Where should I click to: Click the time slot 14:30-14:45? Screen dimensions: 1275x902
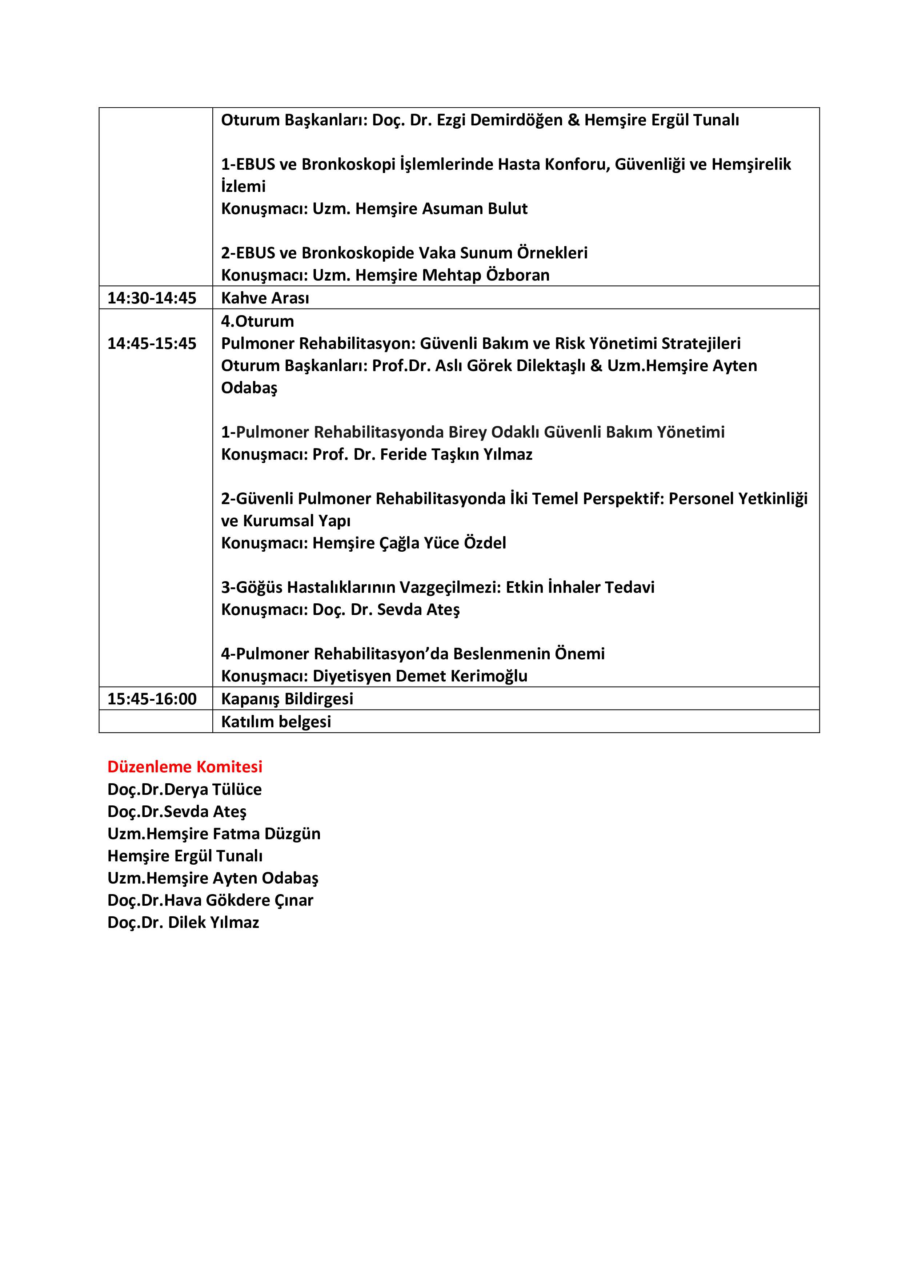pos(152,298)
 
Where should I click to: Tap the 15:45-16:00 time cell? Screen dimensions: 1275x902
pos(152,699)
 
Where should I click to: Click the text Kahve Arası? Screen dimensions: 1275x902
pos(265,298)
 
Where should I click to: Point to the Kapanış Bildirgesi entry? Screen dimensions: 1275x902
pos(286,699)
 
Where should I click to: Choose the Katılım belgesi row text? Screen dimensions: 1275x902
pos(276,721)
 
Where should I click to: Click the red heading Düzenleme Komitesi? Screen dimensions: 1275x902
pos(184,767)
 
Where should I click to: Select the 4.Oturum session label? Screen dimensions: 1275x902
pos(257,321)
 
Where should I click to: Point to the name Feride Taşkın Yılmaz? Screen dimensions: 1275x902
pos(456,454)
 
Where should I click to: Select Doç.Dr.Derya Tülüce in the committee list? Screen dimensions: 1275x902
pos(184,789)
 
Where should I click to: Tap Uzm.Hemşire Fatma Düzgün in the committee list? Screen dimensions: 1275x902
pos(214,833)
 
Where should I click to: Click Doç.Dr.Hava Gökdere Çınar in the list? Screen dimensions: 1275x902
pos(210,900)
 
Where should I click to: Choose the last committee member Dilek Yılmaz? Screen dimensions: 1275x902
pos(213,922)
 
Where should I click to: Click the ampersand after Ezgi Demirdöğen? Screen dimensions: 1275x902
pos(573,120)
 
